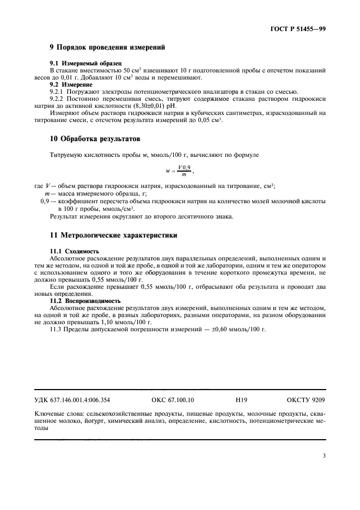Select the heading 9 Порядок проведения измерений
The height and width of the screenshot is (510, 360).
(x=107, y=48)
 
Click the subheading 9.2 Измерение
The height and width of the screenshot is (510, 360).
(x=73, y=84)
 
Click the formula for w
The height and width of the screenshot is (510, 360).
(x=180, y=170)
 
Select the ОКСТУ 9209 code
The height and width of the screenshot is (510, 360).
(x=306, y=399)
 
